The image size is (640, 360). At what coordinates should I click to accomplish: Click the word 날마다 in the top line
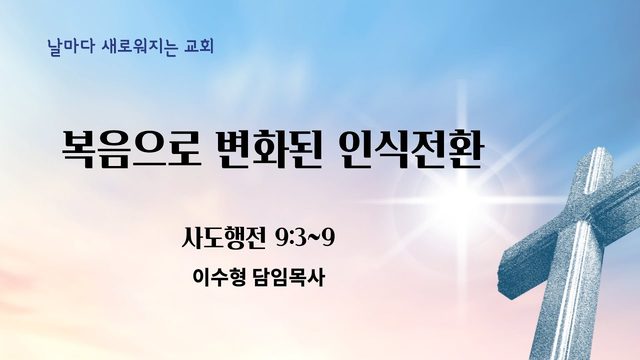[x=71, y=47]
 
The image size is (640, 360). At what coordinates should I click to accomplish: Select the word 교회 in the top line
[x=199, y=47]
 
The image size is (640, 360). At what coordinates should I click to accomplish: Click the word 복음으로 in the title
[x=131, y=149]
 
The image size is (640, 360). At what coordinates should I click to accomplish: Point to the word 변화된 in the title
[x=269, y=149]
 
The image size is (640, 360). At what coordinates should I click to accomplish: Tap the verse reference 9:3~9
[x=305, y=238]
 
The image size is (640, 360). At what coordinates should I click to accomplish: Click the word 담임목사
[x=289, y=278]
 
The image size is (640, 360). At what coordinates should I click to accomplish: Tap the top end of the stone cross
[x=598, y=152]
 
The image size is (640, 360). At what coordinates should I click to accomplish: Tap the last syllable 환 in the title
[x=465, y=149]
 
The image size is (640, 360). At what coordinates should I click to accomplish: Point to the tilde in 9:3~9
[x=314, y=238]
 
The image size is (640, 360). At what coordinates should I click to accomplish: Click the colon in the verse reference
[x=293, y=240]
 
